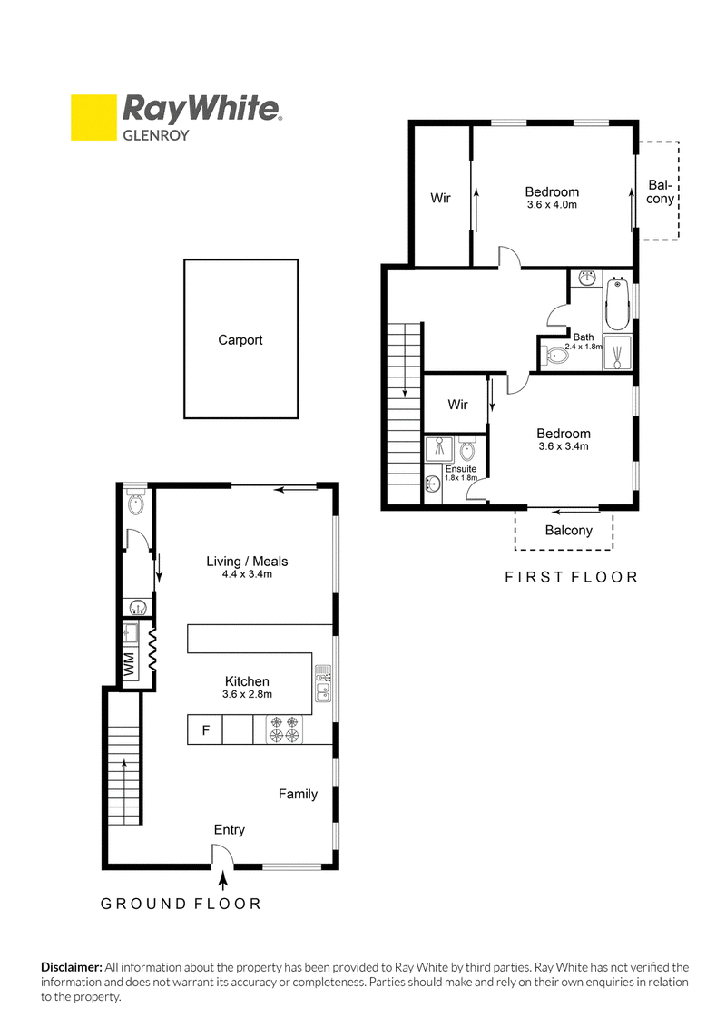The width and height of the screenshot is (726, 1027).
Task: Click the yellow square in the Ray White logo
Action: (93, 118)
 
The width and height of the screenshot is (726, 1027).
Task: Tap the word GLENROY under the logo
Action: (156, 135)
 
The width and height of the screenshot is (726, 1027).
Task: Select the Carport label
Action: (240, 340)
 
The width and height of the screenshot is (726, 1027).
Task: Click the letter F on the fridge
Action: (206, 729)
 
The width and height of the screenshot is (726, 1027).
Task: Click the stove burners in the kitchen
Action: (284, 729)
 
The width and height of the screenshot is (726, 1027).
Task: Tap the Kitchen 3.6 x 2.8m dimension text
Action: (247, 694)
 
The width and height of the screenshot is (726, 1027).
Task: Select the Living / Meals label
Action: (247, 562)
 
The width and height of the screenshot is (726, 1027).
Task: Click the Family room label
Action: (299, 794)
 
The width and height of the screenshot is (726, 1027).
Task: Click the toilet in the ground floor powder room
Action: (136, 503)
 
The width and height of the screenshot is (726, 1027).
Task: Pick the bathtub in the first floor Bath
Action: (616, 305)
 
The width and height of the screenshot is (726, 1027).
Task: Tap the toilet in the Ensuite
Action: (467, 450)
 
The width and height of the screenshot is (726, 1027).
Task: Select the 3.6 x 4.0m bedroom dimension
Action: (552, 204)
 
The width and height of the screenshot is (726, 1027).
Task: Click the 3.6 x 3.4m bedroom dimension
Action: (564, 446)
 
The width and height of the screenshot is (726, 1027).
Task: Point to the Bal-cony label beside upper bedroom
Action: (660, 192)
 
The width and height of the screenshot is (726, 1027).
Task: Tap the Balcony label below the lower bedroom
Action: (569, 531)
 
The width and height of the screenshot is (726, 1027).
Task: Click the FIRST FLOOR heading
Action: (572, 577)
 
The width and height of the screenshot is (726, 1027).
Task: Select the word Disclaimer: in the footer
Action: (72, 967)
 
